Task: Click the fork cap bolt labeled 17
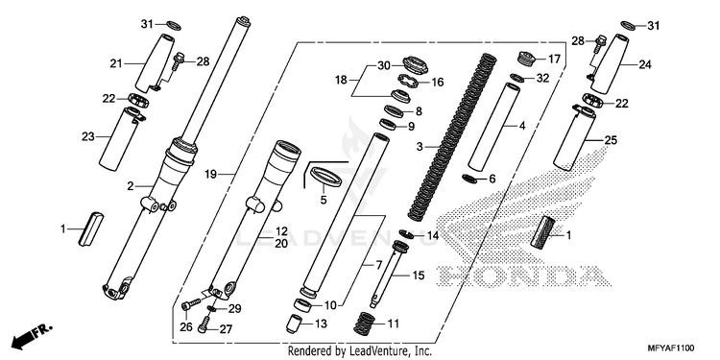[x=526, y=60]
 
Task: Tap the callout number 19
[x=210, y=174]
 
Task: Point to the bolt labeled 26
[x=191, y=303]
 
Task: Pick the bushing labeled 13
[x=294, y=324]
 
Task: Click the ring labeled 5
[x=326, y=177]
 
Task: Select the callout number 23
[x=88, y=136]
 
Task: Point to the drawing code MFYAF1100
[x=670, y=348]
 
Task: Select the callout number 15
[x=419, y=276]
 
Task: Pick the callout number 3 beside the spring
[x=420, y=147]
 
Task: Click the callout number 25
[x=612, y=140]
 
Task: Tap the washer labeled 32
[x=517, y=77]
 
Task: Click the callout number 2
[x=131, y=186]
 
